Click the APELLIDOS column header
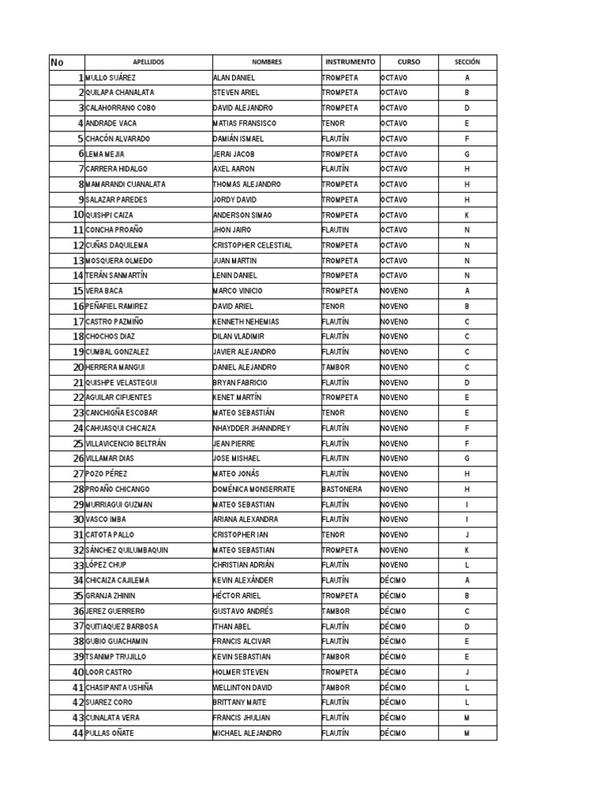149,62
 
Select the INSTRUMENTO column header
350,62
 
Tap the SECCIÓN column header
467,62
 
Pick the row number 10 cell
78,215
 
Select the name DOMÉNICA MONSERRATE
254,489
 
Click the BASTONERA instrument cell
342,489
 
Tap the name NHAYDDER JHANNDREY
252,428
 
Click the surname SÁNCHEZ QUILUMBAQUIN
127,550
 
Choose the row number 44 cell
78,733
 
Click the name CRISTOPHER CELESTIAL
252,245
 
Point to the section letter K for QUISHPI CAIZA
467,215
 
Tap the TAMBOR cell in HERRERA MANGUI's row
337,367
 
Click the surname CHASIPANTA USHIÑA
119,687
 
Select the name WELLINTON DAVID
242,687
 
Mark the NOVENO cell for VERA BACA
394,291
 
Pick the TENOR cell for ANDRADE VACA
334,123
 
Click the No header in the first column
57,62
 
